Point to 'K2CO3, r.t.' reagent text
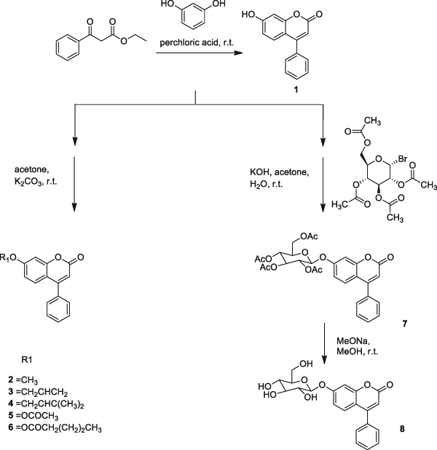[x=39, y=177]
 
